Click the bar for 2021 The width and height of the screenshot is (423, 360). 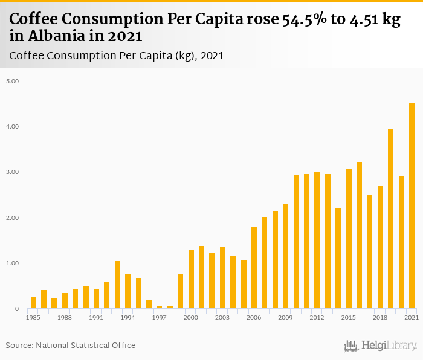tap(412, 206)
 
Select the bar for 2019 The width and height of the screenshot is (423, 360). tap(390, 219)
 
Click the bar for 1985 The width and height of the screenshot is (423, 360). tap(33, 302)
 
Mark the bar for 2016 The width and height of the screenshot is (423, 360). tap(360, 236)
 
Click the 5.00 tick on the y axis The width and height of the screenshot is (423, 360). tap(13, 81)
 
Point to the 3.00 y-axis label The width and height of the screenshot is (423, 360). tap(13, 172)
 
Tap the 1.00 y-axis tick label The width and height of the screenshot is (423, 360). tap(13, 263)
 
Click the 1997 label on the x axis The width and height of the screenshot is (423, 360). tap(159, 317)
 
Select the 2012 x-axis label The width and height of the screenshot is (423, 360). tap(317, 317)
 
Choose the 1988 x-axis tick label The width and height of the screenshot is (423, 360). tap(65, 317)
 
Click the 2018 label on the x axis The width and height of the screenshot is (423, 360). tap(380, 317)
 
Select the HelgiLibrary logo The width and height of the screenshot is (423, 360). tap(381, 346)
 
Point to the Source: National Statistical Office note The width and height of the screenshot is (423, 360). tap(71, 346)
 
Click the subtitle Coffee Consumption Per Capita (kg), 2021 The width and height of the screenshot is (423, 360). tap(117, 56)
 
